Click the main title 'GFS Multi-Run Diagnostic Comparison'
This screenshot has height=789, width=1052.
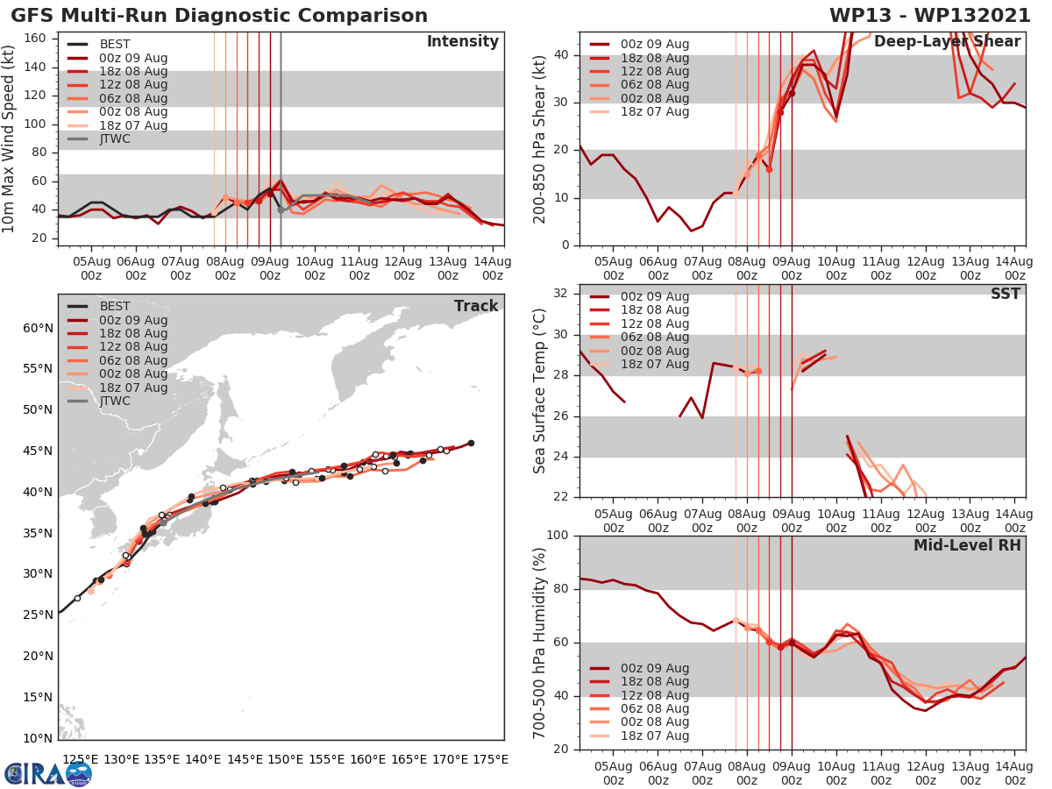point(219,16)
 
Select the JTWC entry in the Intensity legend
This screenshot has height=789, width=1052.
point(115,139)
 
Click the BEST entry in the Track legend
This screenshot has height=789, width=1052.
point(115,306)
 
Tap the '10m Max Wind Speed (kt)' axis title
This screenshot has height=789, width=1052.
point(10,139)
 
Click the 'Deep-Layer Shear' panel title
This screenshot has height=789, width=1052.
point(947,42)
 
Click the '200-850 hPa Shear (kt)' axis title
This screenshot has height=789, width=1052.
point(540,139)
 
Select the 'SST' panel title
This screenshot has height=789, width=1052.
point(1004,294)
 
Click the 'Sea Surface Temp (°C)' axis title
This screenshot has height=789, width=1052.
point(540,390)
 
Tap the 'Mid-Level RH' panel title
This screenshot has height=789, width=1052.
point(967,545)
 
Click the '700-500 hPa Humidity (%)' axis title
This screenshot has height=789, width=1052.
point(540,642)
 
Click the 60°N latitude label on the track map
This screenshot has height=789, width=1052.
point(37,328)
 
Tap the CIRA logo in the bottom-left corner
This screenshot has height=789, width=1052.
point(47,773)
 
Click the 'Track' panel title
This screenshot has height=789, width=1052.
point(476,306)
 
